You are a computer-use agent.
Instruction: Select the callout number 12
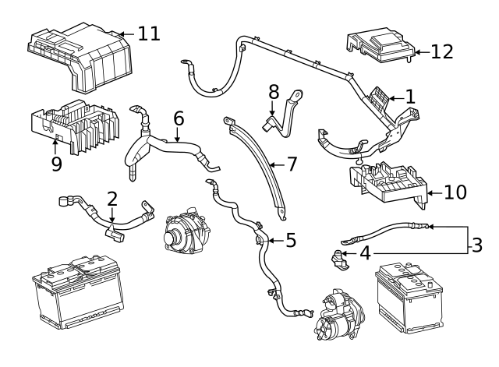pos(441,52)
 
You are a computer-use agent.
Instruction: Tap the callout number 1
pos(410,97)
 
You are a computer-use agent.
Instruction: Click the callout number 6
pos(179,118)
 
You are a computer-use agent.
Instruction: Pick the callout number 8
pos(274,91)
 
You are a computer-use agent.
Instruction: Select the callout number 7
pos(292,164)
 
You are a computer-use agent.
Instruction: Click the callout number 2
pos(112,199)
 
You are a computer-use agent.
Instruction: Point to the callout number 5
pos(291,240)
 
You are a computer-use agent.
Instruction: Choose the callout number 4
pos(365,252)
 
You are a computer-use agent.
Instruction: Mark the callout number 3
pos(477,244)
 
